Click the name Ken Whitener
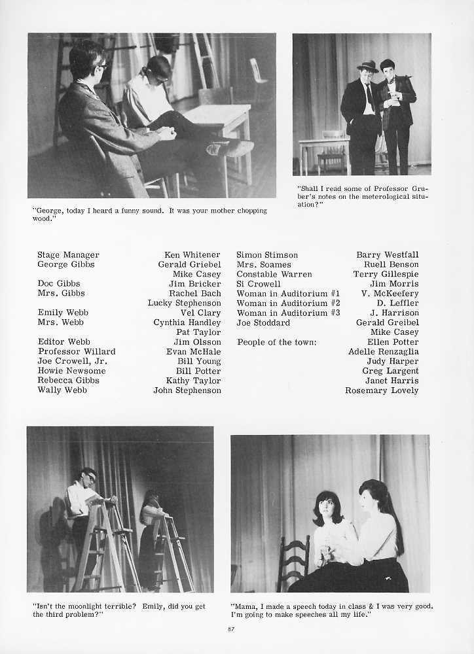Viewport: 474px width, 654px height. pos(192,255)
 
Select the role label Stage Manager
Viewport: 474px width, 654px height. pos(68,255)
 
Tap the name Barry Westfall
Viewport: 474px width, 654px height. pos(387,255)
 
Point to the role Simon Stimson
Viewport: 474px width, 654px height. pos(266,255)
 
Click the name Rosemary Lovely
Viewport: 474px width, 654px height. pos(382,390)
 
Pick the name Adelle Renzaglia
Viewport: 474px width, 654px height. pos(383,352)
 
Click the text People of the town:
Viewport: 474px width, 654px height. pos(276,342)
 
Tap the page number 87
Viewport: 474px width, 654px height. pos(230,629)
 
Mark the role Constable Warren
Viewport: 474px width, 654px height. pos(274,275)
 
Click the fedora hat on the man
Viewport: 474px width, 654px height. pos(367,66)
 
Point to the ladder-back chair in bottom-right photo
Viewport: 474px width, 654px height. pos(293,561)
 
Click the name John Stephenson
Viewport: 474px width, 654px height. pos(187,390)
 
